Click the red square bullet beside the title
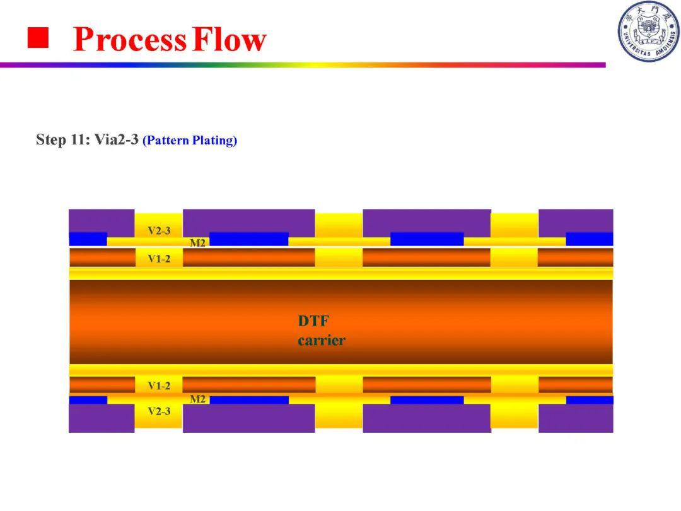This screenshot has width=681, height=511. tap(38, 38)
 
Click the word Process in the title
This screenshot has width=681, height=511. tap(129, 39)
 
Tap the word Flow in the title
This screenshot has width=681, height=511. tap(229, 38)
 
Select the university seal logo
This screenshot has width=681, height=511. tap(649, 32)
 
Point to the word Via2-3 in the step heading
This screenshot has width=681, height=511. tap(117, 139)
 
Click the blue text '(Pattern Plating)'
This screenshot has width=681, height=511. tap(190, 140)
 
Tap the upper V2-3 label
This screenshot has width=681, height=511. tap(159, 230)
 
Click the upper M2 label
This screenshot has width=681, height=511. tap(197, 243)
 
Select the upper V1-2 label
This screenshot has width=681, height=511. tap(159, 259)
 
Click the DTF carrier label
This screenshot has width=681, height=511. tap(322, 330)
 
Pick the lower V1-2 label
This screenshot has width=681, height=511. tap(159, 385)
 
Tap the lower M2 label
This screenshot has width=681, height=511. tap(197, 399)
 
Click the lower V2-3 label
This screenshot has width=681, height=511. tap(159, 411)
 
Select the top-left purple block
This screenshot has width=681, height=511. tap(102, 221)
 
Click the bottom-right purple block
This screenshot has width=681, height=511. tap(576, 418)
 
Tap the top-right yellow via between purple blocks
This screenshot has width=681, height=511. tap(515, 225)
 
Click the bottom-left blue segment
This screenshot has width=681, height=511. tap(88, 400)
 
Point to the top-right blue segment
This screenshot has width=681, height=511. tap(590, 239)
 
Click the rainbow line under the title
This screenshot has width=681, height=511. tap(303, 65)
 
